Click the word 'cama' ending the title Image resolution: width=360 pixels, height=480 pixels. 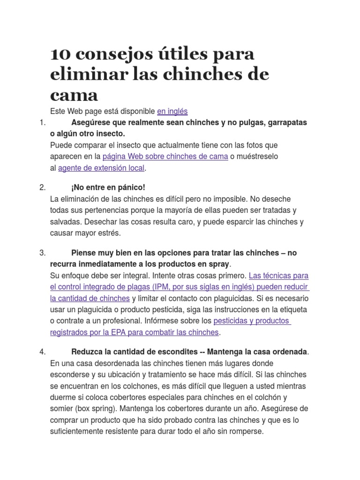tap(74, 95)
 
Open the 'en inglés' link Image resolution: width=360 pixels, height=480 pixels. tap(172, 111)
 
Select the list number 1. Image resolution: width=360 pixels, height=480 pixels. tap(42, 122)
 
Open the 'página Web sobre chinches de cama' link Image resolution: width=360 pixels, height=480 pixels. tap(165, 156)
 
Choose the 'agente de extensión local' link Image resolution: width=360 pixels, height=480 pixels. tap(101, 167)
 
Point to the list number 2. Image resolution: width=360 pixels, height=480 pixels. tap(42, 187)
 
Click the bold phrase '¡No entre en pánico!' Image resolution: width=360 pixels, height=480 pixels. tap(108, 187)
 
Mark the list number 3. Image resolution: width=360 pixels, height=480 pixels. tap(42, 253)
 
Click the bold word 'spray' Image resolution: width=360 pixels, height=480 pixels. tap(218, 264)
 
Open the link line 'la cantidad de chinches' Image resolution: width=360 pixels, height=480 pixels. tap(90, 298)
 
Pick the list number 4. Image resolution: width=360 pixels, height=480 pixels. tap(42, 352)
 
